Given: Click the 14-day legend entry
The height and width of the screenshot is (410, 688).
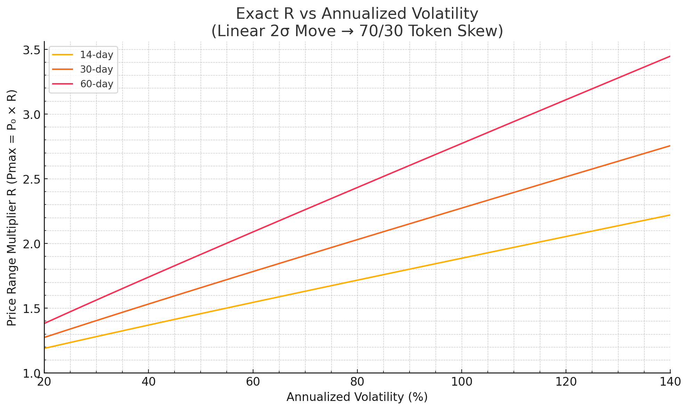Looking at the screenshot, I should pos(96,55).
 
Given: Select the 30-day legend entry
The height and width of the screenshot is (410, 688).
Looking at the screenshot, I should pos(96,70).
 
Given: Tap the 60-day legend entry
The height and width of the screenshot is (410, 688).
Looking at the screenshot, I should pos(96,84).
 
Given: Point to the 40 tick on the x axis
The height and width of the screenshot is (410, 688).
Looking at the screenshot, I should pos(148,382).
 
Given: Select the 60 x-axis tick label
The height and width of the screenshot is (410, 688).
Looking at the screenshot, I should pos(253,382).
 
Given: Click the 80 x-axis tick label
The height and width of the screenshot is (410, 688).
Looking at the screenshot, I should pos(357,382).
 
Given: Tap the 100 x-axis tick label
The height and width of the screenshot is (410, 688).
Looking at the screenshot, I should pos(461,382).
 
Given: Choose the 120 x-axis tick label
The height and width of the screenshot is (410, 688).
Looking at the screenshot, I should pos(566,382).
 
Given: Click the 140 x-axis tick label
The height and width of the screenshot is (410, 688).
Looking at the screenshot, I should pos(670,382).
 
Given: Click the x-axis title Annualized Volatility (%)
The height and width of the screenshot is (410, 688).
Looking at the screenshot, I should pos(357,397).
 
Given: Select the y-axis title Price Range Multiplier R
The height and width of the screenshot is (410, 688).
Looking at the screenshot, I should pos(12,208).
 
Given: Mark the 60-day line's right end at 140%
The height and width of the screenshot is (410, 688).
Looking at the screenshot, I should pos(670,56).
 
